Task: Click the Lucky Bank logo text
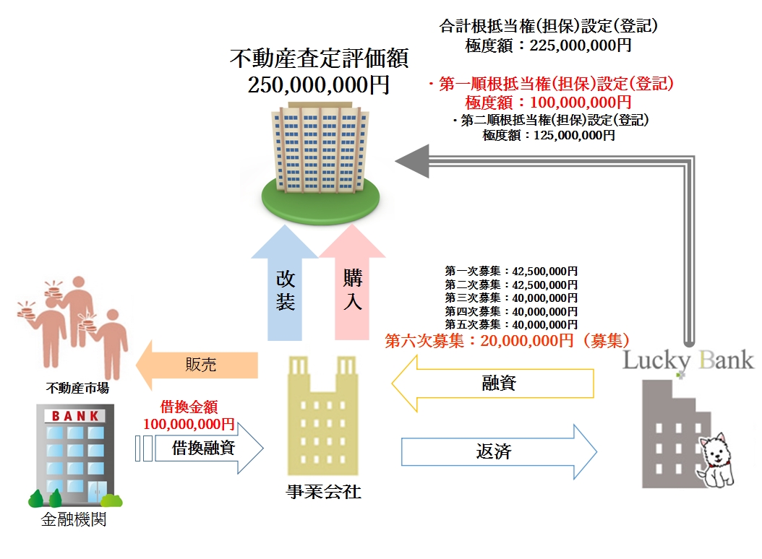tap(688, 359)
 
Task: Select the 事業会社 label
tap(323, 492)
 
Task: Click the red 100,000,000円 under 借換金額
tap(189, 424)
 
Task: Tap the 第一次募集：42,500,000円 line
tap(511, 272)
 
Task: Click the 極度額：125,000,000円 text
tap(549, 135)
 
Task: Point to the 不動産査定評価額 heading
tap(319, 57)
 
